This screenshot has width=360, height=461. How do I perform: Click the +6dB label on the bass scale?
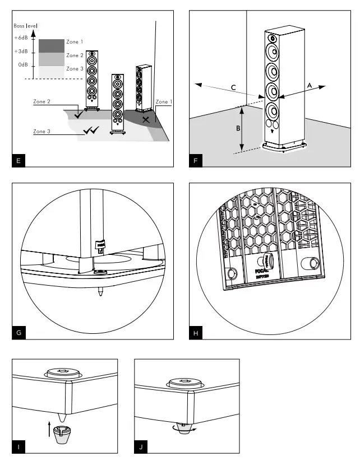21,38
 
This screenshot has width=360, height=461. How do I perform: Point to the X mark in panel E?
146,119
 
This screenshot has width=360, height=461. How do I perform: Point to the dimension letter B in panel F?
238,128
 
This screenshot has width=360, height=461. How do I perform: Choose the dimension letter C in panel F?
234,87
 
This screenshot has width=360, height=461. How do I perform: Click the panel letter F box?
196,161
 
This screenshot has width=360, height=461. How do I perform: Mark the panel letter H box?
196,333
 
